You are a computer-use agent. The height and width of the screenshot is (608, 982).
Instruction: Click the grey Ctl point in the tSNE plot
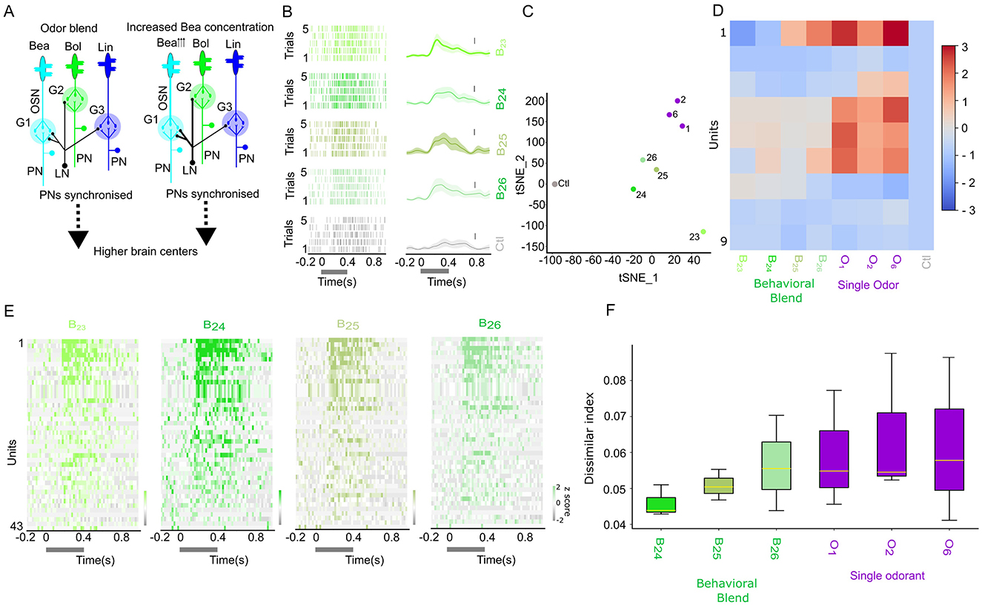(554, 184)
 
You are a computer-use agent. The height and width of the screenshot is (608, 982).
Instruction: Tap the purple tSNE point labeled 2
(677, 101)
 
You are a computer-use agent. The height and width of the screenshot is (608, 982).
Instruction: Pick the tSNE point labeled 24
(633, 189)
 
